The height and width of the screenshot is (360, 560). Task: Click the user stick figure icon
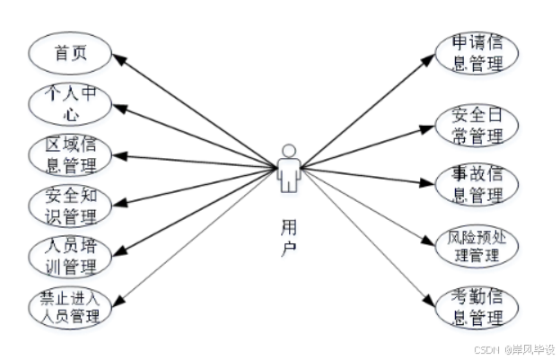click(287, 169)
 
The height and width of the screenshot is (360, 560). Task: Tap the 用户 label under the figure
click(287, 235)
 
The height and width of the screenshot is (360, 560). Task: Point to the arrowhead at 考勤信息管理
click(433, 298)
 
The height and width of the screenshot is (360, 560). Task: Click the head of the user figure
click(287, 150)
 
